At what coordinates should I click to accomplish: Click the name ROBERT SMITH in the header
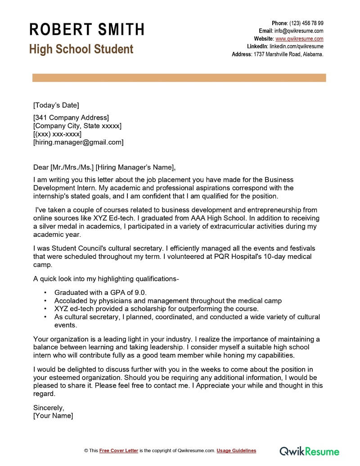(87, 29)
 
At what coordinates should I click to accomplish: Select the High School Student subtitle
(81, 49)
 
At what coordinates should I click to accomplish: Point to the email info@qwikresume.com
(299, 31)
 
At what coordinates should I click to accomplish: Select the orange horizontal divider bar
(179, 78)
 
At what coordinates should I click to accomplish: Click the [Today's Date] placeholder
(56, 105)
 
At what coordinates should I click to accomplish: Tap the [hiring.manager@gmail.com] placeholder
(78, 142)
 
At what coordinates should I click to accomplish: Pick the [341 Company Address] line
(71, 118)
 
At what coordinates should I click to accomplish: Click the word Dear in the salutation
(41, 167)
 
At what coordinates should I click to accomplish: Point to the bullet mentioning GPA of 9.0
(100, 292)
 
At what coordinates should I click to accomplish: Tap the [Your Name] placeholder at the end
(53, 416)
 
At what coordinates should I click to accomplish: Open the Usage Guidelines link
(236, 451)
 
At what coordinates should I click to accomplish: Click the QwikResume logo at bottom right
(309, 451)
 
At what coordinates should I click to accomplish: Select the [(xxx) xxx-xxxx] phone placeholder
(58, 134)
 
